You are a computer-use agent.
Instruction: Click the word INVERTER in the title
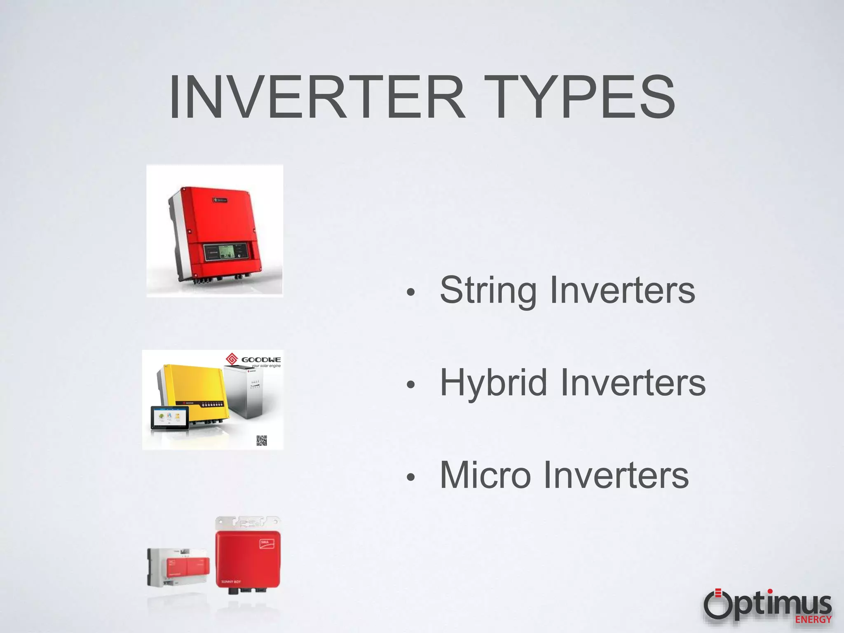pos(317,98)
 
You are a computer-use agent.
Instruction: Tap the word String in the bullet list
pos(488,291)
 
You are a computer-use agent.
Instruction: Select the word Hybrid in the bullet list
pos(494,383)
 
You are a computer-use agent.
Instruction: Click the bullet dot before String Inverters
pos(410,293)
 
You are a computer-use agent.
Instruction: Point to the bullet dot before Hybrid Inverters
pos(410,385)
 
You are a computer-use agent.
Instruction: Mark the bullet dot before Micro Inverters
pos(410,477)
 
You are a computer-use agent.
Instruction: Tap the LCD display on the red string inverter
pos(225,251)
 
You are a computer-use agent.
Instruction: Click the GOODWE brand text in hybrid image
pos(261,360)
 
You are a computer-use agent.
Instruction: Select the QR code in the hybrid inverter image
pos(262,441)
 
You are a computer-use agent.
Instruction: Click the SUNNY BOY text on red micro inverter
pos(231,581)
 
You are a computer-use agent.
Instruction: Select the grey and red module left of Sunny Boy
pos(178,567)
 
